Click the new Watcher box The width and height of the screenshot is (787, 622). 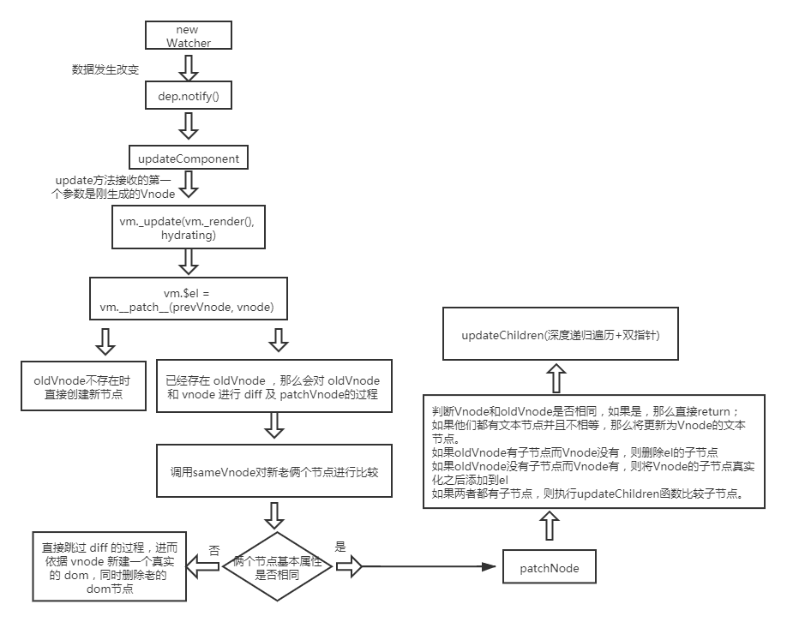coord(189,36)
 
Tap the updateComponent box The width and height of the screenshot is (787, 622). coord(189,158)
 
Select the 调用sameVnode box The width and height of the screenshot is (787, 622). coord(274,471)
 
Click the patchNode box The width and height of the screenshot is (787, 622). coord(550,567)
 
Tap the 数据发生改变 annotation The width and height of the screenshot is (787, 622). coord(105,69)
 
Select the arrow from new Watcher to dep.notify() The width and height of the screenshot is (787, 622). coord(189,67)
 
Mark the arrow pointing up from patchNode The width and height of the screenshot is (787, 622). coord(550,529)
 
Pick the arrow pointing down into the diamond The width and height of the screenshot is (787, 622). coord(274,515)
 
